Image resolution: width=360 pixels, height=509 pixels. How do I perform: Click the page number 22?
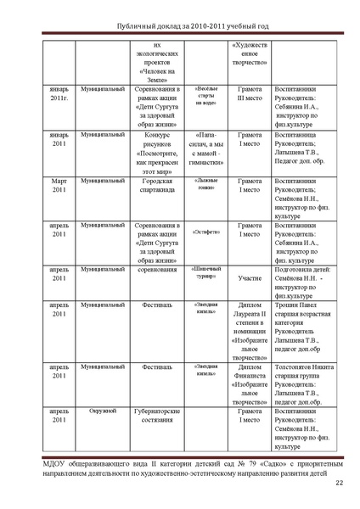click(339, 484)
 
